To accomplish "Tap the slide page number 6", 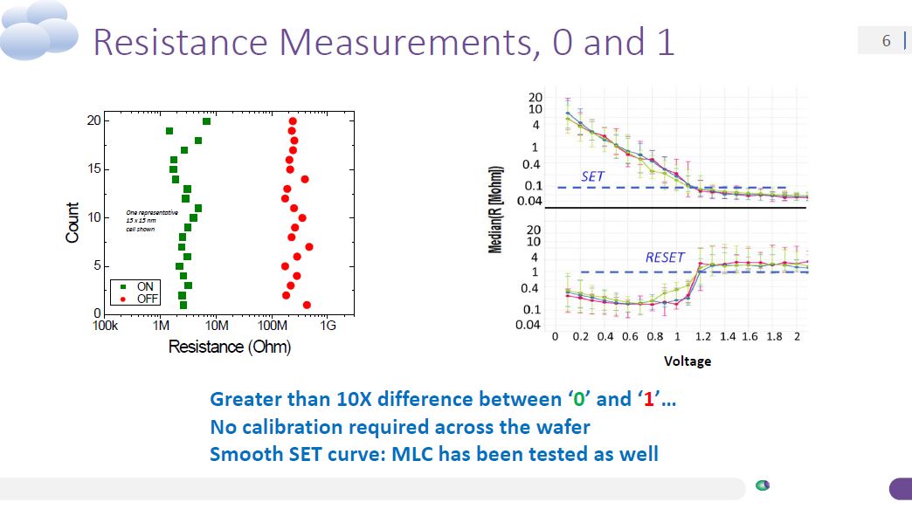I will (886, 41).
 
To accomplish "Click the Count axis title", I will (73, 223).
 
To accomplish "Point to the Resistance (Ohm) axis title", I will (229, 347).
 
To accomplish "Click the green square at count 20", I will (206, 121).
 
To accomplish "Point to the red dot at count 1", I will (307, 305).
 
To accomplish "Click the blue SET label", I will (593, 176).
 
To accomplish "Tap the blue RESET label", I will (667, 258).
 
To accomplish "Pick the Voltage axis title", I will (687, 361).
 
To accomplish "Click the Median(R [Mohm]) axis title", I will (495, 210).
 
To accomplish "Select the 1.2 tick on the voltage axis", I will (702, 337).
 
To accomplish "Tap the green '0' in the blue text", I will (577, 400).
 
